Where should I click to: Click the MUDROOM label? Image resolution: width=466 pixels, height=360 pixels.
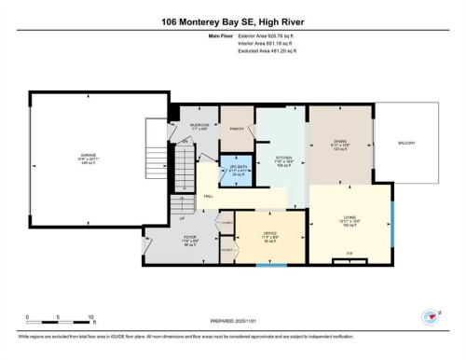point(199,125)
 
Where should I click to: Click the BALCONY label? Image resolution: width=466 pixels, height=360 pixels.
point(406,143)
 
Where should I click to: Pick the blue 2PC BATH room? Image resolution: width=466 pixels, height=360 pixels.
point(236,170)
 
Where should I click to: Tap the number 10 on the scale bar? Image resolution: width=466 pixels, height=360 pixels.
point(90,317)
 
